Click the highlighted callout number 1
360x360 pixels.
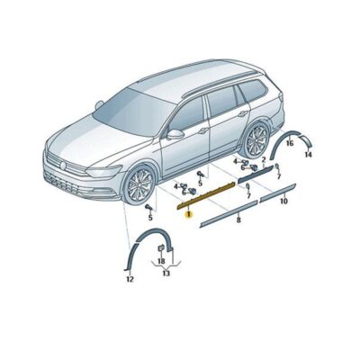(x=188, y=214)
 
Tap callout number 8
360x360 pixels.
(x=238, y=219)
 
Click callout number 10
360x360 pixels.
(x=283, y=202)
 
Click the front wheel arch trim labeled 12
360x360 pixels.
(x=135, y=247)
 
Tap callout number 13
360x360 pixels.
(x=166, y=273)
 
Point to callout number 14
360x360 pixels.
(x=307, y=155)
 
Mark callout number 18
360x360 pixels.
(x=161, y=261)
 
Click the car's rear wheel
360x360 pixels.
(x=256, y=141)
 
